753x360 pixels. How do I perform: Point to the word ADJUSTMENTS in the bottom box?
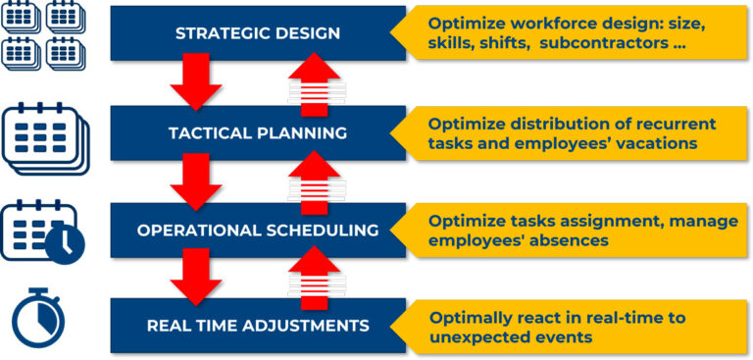pos(307,325)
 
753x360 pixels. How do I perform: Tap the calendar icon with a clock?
pos(42,231)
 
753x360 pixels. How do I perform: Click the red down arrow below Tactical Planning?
pos(195,180)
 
